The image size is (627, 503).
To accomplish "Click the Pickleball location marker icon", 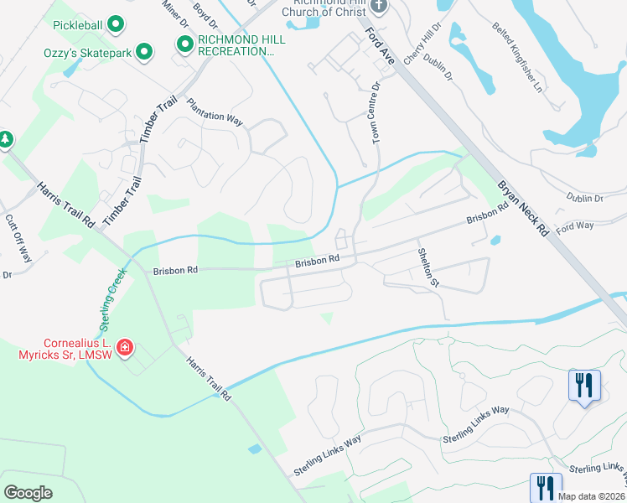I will (117, 25).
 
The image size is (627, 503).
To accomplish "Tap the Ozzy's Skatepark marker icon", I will (145, 53).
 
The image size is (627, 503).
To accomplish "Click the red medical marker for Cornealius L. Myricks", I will (125, 347).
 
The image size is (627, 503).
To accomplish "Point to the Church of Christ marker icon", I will (378, 7).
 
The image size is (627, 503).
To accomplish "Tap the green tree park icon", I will (5, 140).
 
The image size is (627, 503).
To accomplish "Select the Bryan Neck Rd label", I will (522, 205).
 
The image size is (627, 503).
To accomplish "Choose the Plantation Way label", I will (215, 112).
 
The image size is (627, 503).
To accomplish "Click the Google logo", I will (28, 492).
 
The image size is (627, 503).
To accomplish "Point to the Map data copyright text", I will (588, 495).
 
